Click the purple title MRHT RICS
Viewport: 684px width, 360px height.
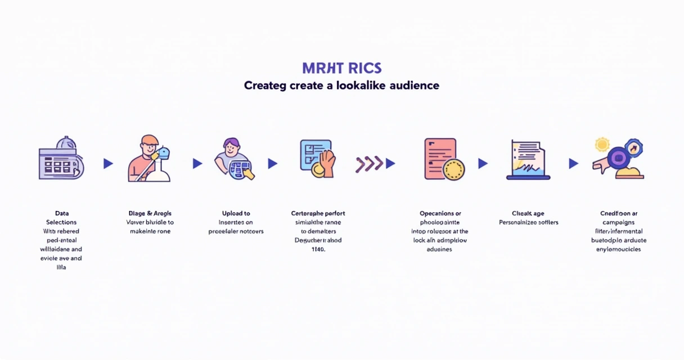click(342, 68)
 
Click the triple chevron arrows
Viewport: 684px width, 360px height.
click(369, 164)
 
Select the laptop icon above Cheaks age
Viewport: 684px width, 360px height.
click(528, 160)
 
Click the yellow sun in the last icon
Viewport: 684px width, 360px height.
click(602, 145)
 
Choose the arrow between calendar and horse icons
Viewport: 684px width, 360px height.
click(108, 164)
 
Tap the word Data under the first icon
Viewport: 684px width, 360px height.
click(62, 213)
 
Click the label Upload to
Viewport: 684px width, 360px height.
click(236, 213)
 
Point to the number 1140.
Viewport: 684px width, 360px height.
click(318, 249)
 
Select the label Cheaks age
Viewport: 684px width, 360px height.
click(528, 213)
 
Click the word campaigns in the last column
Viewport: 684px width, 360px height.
click(619, 222)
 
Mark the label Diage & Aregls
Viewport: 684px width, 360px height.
click(150, 213)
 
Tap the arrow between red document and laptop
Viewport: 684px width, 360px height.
click(483, 164)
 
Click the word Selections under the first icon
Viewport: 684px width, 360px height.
click(62, 222)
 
